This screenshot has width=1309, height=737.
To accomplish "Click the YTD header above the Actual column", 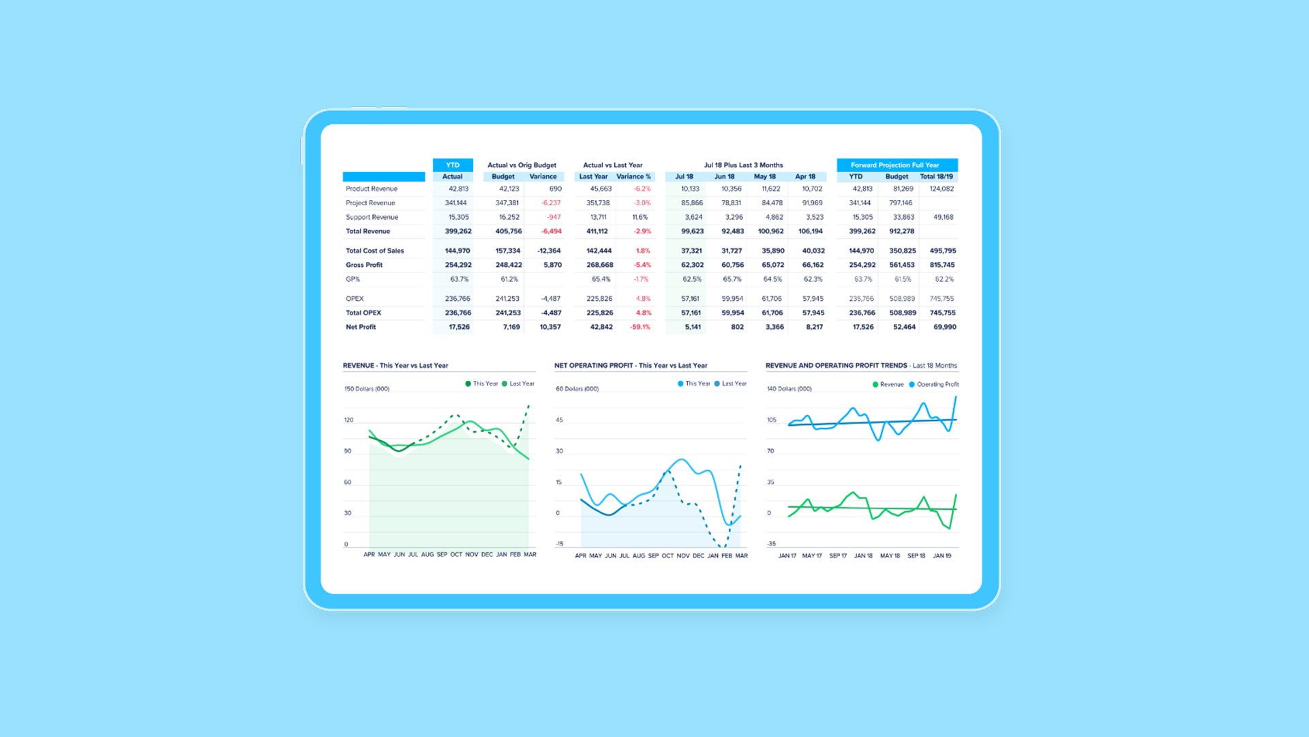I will click(453, 165).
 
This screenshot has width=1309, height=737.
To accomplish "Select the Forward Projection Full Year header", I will click(894, 165).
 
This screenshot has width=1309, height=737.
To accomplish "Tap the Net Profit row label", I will click(361, 327).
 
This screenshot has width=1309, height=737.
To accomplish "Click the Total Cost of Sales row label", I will click(374, 251).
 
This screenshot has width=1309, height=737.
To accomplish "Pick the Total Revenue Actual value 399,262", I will click(458, 231).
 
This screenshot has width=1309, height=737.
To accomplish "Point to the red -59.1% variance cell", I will click(640, 327).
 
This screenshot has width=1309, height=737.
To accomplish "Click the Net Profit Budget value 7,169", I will click(511, 327).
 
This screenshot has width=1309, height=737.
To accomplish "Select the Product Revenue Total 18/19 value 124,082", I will click(942, 189).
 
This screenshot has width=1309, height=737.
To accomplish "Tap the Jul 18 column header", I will click(684, 177).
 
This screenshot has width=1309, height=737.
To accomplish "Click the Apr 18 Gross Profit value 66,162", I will click(813, 265).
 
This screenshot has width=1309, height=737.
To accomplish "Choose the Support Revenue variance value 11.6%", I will click(640, 217).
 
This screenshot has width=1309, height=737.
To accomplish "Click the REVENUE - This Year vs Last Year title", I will click(395, 366).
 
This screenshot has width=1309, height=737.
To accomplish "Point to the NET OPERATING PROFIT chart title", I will click(631, 366).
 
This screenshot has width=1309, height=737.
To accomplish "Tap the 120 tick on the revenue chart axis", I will click(348, 420).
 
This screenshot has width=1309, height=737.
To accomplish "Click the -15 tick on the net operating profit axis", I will click(560, 544).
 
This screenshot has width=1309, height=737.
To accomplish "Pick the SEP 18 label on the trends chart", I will click(916, 556).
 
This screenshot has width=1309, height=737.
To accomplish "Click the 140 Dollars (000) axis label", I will click(789, 389).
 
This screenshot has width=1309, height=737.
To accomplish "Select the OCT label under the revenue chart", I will click(456, 555).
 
